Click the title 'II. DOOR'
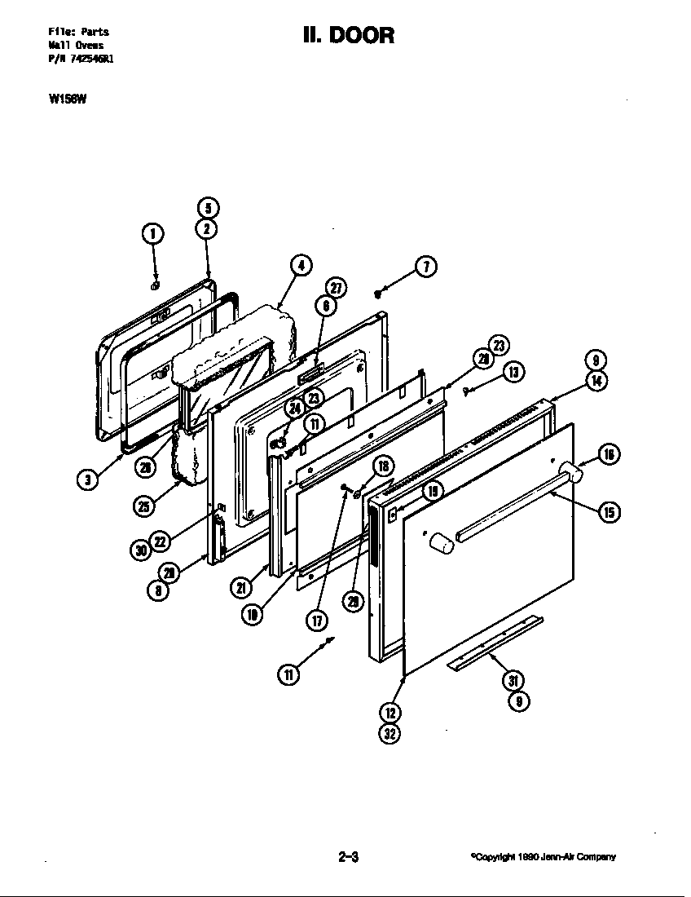click(348, 36)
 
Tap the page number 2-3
click(348, 857)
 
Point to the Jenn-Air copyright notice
click(543, 857)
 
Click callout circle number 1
click(153, 234)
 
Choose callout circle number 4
click(301, 265)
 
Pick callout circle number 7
click(425, 266)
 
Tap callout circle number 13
click(513, 372)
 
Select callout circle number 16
click(609, 454)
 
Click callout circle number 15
click(609, 511)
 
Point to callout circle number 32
click(390, 733)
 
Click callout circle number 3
click(87, 479)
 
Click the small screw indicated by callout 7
click(377, 291)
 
